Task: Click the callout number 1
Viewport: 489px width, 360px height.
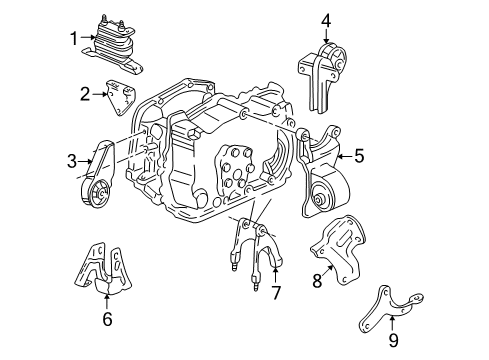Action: pos(73,38)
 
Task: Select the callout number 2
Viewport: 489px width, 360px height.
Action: pos(86,94)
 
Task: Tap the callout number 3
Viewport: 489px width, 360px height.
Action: pos(72,160)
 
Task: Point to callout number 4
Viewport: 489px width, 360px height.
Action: pos(325,19)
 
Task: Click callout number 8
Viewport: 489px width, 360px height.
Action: pos(319,282)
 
